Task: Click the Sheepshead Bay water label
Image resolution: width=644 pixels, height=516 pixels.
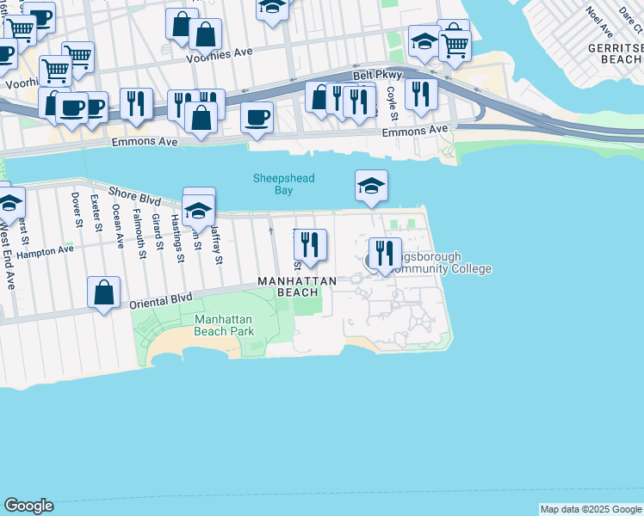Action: [283, 184]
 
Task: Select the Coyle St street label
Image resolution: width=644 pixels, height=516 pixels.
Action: [391, 103]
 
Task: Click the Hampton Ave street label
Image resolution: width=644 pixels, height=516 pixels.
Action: [46, 251]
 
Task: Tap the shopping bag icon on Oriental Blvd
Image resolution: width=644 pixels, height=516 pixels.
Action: [103, 292]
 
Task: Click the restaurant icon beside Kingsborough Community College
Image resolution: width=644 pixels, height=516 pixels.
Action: [385, 252]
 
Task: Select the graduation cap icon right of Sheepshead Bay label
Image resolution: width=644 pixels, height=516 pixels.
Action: [371, 185]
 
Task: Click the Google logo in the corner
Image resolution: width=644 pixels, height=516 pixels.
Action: [28, 506]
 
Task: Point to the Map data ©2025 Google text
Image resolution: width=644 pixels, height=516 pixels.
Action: [590, 509]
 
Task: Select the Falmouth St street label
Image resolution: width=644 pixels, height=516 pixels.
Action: [139, 228]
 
